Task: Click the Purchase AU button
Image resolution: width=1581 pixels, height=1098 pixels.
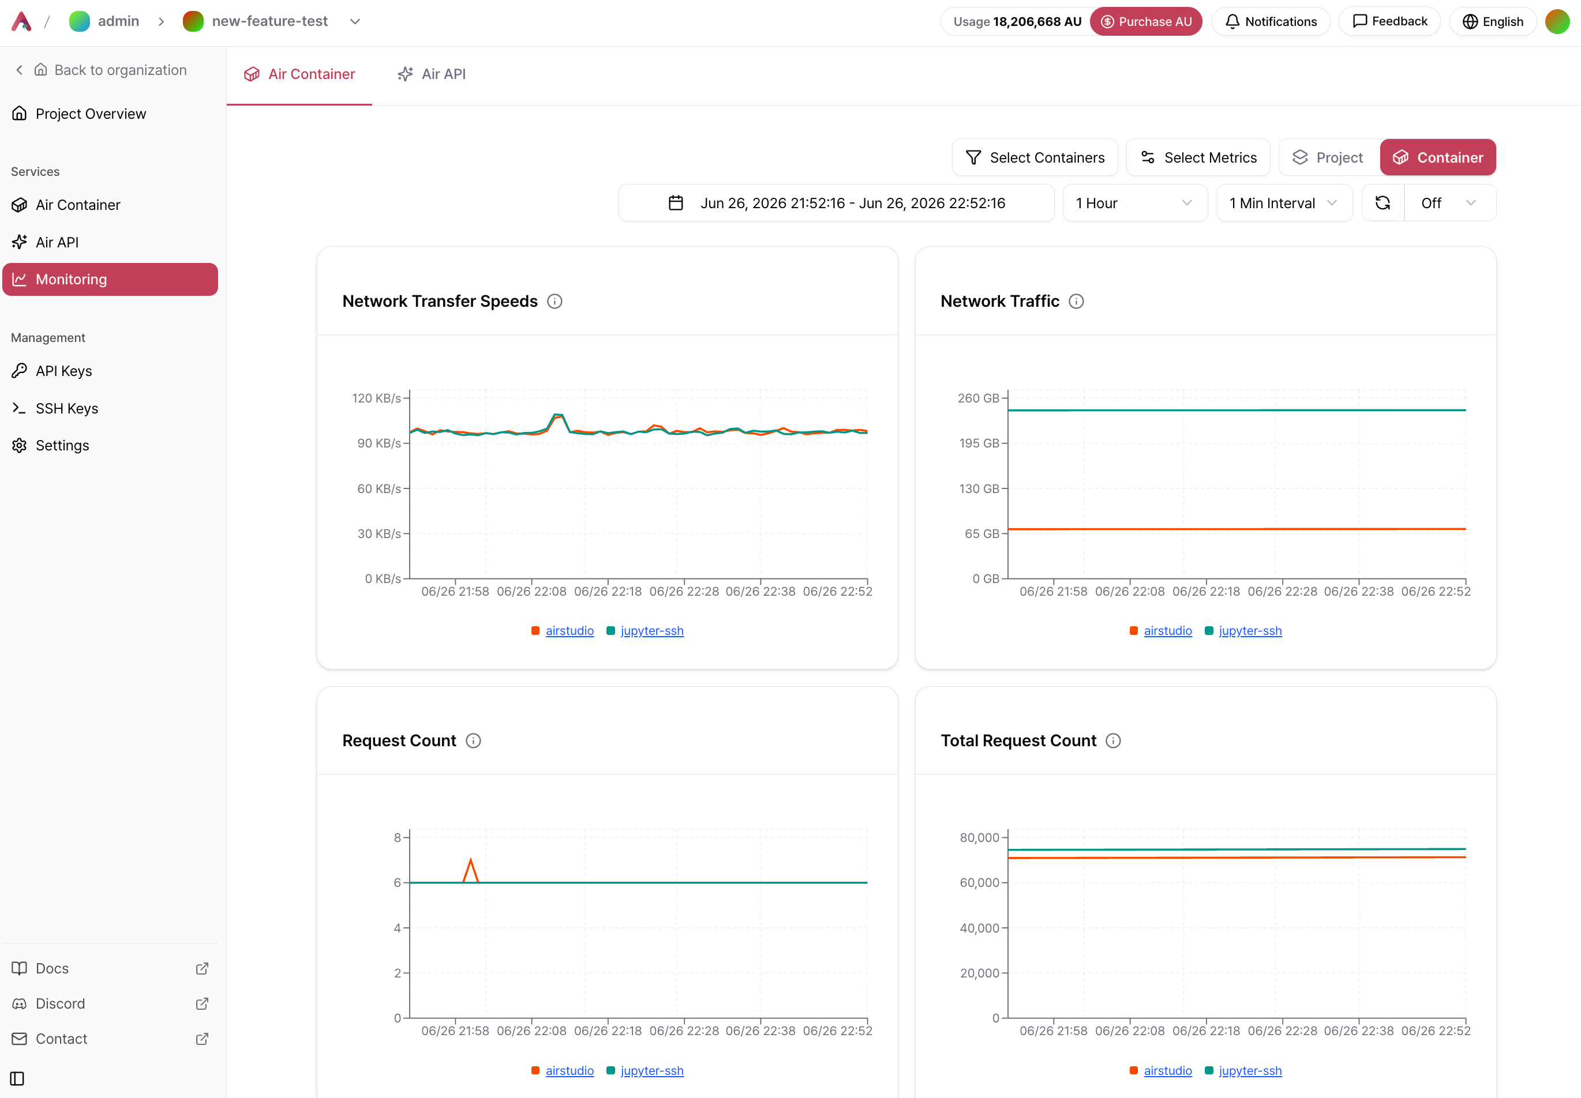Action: pyautogui.click(x=1146, y=21)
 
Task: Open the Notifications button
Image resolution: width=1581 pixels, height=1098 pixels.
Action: pyautogui.click(x=1271, y=21)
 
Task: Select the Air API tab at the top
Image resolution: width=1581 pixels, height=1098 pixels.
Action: pyautogui.click(x=432, y=74)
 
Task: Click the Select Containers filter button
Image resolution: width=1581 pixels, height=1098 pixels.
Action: pyautogui.click(x=1035, y=157)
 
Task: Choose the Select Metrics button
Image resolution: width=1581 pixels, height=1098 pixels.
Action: pyautogui.click(x=1198, y=157)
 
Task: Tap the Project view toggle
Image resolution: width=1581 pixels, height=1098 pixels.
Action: pyautogui.click(x=1328, y=157)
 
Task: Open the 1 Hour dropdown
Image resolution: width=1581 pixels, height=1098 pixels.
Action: pyautogui.click(x=1135, y=203)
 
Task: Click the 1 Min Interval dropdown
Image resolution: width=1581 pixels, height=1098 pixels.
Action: pyautogui.click(x=1284, y=203)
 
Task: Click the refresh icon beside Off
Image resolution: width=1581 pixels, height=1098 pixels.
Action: pyautogui.click(x=1383, y=203)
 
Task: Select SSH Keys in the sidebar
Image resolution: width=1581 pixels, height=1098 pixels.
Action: pyautogui.click(x=67, y=409)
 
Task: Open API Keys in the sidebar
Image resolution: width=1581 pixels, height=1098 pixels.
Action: pyautogui.click(x=64, y=371)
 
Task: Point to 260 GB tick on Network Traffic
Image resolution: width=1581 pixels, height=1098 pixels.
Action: pyautogui.click(x=978, y=398)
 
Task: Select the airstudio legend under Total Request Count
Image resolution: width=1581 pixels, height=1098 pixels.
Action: pyautogui.click(x=1167, y=1070)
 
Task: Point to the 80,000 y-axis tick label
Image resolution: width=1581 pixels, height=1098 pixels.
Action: pyautogui.click(x=979, y=838)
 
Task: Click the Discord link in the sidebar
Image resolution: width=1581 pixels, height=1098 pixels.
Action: pyautogui.click(x=61, y=1004)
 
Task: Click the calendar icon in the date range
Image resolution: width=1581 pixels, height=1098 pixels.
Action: pyautogui.click(x=676, y=203)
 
